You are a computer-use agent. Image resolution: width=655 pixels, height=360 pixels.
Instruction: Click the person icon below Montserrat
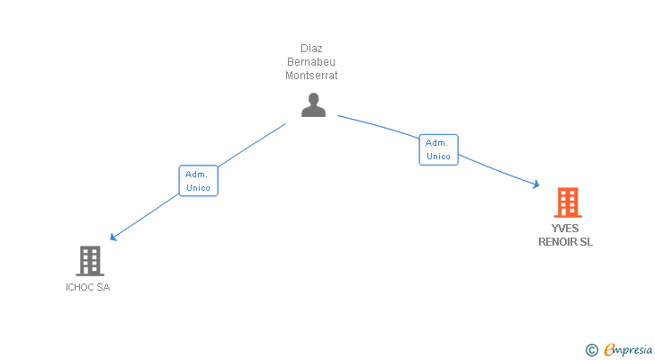[313, 105]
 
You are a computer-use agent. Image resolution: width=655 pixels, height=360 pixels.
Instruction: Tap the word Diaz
[311, 49]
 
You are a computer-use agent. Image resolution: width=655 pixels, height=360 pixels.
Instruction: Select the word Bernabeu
[311, 62]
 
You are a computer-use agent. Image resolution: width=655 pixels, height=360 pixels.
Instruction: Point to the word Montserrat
[311, 76]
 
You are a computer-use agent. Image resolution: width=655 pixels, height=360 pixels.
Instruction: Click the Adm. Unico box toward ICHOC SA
[198, 181]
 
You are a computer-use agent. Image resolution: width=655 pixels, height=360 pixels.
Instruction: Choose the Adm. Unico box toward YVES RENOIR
[438, 149]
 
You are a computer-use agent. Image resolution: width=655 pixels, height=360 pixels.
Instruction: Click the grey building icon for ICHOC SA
[89, 261]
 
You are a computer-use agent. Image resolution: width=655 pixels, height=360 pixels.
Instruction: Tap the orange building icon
[566, 203]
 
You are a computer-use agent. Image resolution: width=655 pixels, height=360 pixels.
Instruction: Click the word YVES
[566, 229]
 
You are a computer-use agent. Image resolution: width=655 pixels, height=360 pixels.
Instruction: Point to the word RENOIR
[558, 241]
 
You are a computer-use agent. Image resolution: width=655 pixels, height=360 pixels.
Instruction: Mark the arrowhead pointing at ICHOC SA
[113, 238]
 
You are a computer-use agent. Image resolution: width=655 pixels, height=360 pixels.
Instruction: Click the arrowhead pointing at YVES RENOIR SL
[535, 184]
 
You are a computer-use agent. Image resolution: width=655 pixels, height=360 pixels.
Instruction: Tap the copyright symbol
[591, 350]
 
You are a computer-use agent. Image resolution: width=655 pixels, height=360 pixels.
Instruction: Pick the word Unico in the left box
[198, 188]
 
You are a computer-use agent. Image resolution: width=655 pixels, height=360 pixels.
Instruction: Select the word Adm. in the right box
[438, 142]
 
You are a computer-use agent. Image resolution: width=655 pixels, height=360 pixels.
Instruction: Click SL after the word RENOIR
[586, 241]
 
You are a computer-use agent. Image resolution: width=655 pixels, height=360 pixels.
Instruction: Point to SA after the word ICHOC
[103, 288]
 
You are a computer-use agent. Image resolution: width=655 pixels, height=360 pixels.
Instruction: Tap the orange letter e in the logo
[609, 350]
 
